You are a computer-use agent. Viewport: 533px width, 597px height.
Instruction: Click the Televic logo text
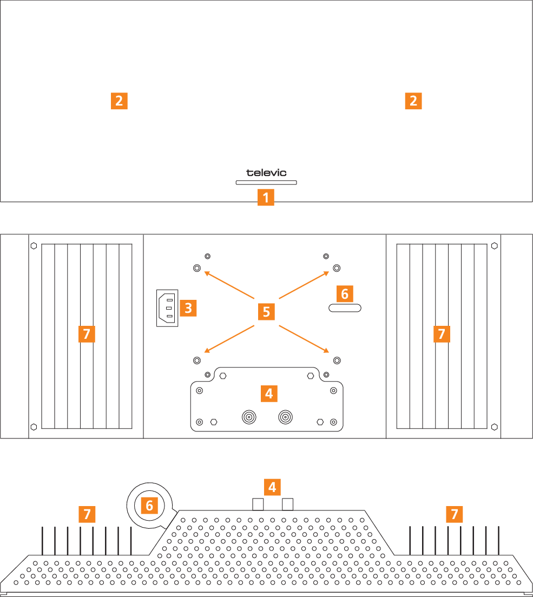[266, 173]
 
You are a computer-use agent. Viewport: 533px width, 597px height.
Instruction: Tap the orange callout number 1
[266, 197]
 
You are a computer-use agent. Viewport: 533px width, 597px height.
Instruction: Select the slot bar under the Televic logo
[266, 183]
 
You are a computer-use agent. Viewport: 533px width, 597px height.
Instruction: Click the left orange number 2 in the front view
[119, 101]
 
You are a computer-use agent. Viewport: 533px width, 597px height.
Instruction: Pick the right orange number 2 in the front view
[413, 101]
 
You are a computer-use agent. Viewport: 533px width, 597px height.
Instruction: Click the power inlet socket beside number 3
[167, 309]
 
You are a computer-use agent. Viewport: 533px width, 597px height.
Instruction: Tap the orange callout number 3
[188, 309]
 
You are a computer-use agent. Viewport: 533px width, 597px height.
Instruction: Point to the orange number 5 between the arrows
[266, 311]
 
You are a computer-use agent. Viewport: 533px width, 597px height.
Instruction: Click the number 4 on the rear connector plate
[269, 393]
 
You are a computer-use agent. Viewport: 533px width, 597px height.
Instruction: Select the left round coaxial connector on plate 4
[249, 418]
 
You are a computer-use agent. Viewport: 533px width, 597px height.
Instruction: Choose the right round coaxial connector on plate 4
[285, 418]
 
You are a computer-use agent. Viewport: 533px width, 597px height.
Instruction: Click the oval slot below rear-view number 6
[345, 309]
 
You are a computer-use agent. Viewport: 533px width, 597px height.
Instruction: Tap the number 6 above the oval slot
[345, 294]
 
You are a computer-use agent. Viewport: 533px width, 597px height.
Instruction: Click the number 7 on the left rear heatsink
[87, 334]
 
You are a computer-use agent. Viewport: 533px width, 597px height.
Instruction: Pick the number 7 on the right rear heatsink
[442, 334]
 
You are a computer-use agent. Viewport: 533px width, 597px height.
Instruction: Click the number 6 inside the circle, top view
[149, 506]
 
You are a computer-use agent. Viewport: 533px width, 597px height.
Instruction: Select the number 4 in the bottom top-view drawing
[272, 487]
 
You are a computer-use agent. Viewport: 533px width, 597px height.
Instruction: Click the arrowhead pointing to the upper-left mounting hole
[206, 273]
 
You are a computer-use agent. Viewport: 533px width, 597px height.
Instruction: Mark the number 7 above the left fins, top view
[87, 514]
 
